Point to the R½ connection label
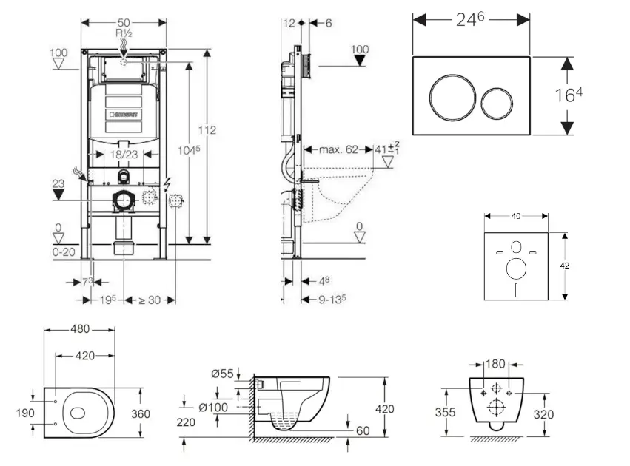(123, 34)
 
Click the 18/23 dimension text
(123, 155)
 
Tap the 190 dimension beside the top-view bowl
(24, 413)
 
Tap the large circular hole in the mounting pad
(516, 269)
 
